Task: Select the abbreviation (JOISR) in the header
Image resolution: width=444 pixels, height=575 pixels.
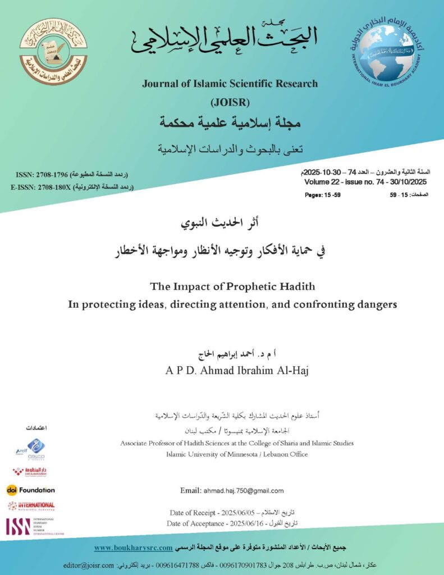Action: tap(230, 102)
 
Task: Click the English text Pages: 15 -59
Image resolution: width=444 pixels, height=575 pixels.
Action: tap(323, 194)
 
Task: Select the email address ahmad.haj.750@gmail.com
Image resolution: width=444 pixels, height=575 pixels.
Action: tap(243, 490)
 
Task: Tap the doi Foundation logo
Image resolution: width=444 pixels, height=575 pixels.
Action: tap(31, 490)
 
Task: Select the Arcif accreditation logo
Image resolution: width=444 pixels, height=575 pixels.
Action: tap(30, 449)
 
